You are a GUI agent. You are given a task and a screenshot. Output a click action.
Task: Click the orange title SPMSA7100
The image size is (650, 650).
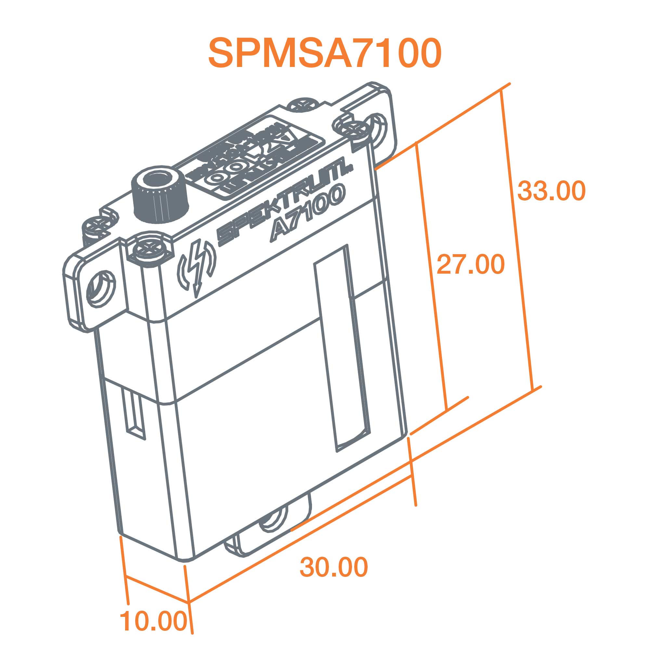[325, 53]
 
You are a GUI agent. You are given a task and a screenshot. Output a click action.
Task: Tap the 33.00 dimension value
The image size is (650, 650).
[552, 191]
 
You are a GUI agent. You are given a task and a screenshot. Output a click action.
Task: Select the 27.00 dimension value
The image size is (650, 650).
[470, 264]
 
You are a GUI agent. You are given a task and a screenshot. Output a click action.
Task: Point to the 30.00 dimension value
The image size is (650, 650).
[334, 567]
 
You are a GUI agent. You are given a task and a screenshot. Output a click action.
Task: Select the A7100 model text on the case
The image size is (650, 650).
[308, 214]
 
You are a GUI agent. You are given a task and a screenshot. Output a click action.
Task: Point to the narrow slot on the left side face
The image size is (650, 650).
[135, 414]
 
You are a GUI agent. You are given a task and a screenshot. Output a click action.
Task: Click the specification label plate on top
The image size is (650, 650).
[256, 158]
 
